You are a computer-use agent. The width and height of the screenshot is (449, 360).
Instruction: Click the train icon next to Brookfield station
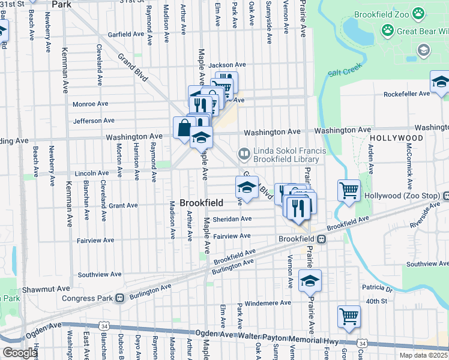322,239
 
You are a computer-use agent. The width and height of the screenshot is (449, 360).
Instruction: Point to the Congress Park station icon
120,298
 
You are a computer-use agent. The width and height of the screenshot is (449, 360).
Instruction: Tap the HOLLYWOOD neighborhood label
396,138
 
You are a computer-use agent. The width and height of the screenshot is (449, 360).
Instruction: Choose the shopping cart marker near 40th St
349,316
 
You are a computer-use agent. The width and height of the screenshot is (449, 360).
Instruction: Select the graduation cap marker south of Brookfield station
310,280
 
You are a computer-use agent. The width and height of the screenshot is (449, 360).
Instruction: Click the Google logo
19,353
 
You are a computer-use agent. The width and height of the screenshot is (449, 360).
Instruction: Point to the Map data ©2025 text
423,355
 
